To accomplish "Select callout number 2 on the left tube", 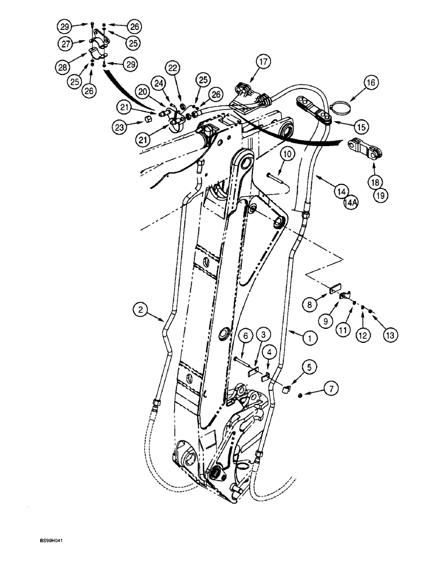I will (140, 309).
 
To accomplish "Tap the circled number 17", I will (262, 60).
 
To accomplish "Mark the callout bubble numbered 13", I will (389, 334).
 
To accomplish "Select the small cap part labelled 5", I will (287, 387).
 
